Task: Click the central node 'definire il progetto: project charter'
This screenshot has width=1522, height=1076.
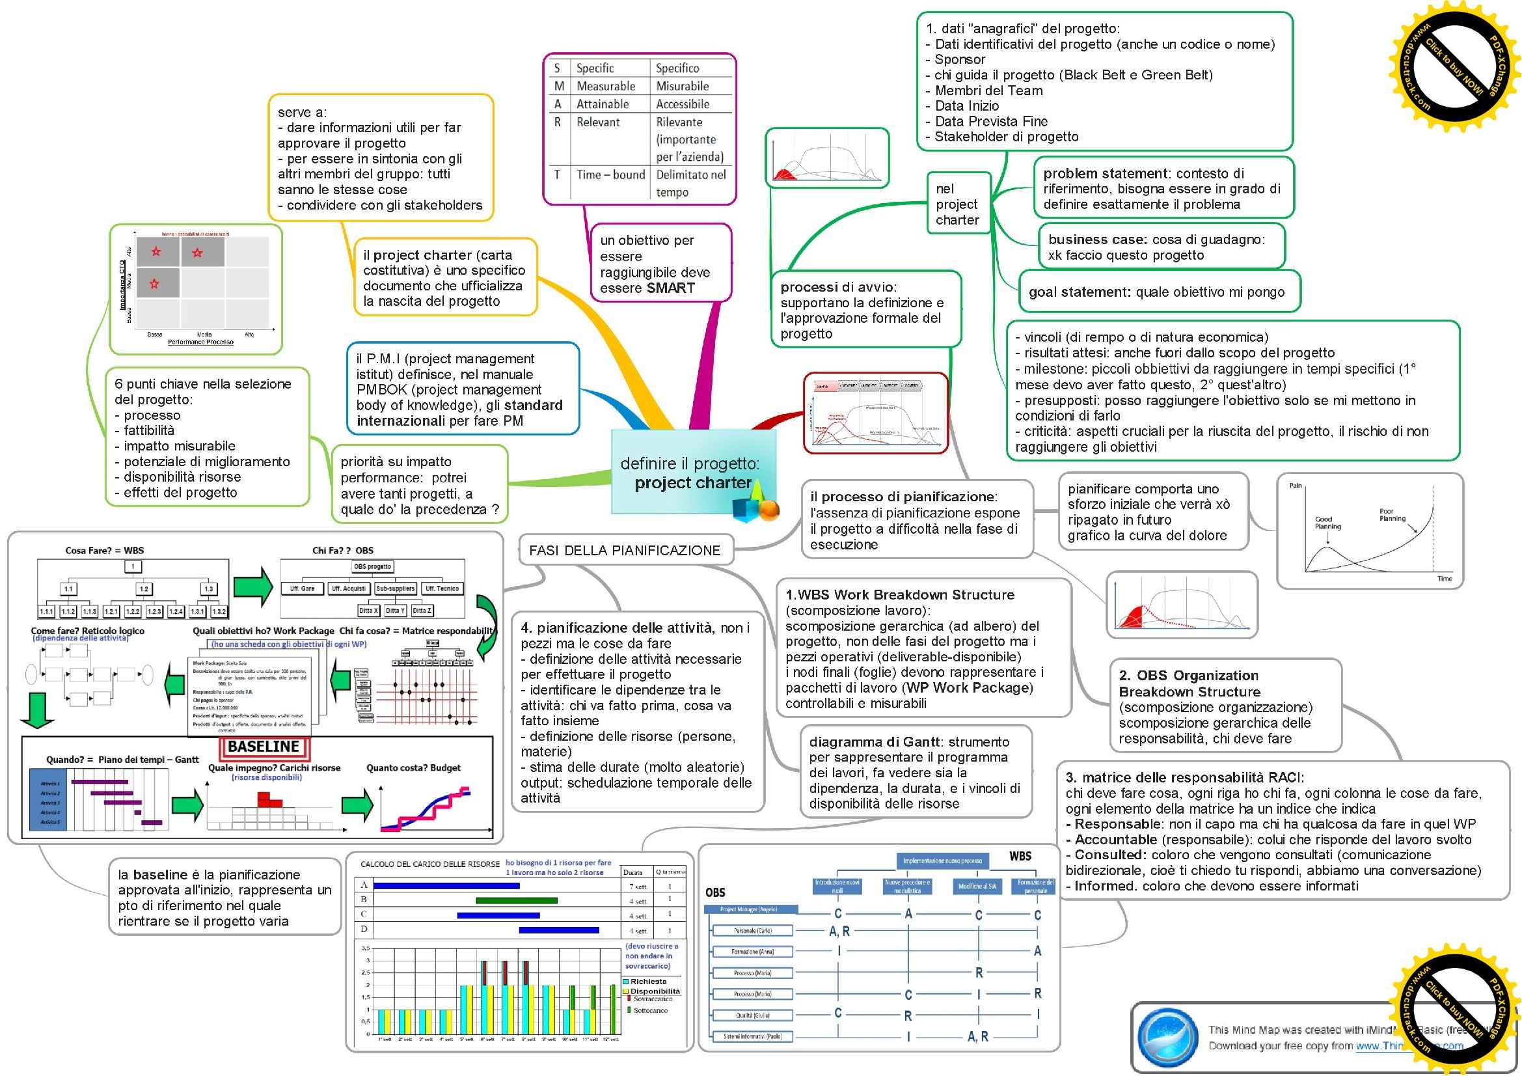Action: pos(690,473)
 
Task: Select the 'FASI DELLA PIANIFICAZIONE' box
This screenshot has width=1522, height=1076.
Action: pos(625,549)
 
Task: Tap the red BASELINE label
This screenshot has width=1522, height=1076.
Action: pos(263,747)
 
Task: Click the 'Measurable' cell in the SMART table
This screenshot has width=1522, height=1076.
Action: pos(605,86)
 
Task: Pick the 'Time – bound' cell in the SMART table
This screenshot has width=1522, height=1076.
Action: pos(610,175)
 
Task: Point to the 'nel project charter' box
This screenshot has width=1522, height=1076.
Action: pos(957,204)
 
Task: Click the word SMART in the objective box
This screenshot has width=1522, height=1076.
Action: pos(671,288)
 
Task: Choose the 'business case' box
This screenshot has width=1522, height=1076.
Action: pos(1157,247)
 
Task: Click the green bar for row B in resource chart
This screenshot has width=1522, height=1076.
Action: pos(517,900)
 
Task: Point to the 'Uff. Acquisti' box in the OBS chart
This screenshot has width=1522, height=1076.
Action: pos(349,588)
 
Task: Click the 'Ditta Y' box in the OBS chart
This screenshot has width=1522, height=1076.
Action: pos(392,611)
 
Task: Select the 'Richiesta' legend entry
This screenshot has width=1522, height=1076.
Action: pos(647,981)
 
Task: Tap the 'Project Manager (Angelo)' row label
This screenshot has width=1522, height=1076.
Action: pos(748,909)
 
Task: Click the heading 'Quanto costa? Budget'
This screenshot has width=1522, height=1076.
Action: pos(413,767)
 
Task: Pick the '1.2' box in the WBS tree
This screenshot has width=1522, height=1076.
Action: pos(144,588)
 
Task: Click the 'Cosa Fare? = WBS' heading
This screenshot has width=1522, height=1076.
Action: pos(105,550)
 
